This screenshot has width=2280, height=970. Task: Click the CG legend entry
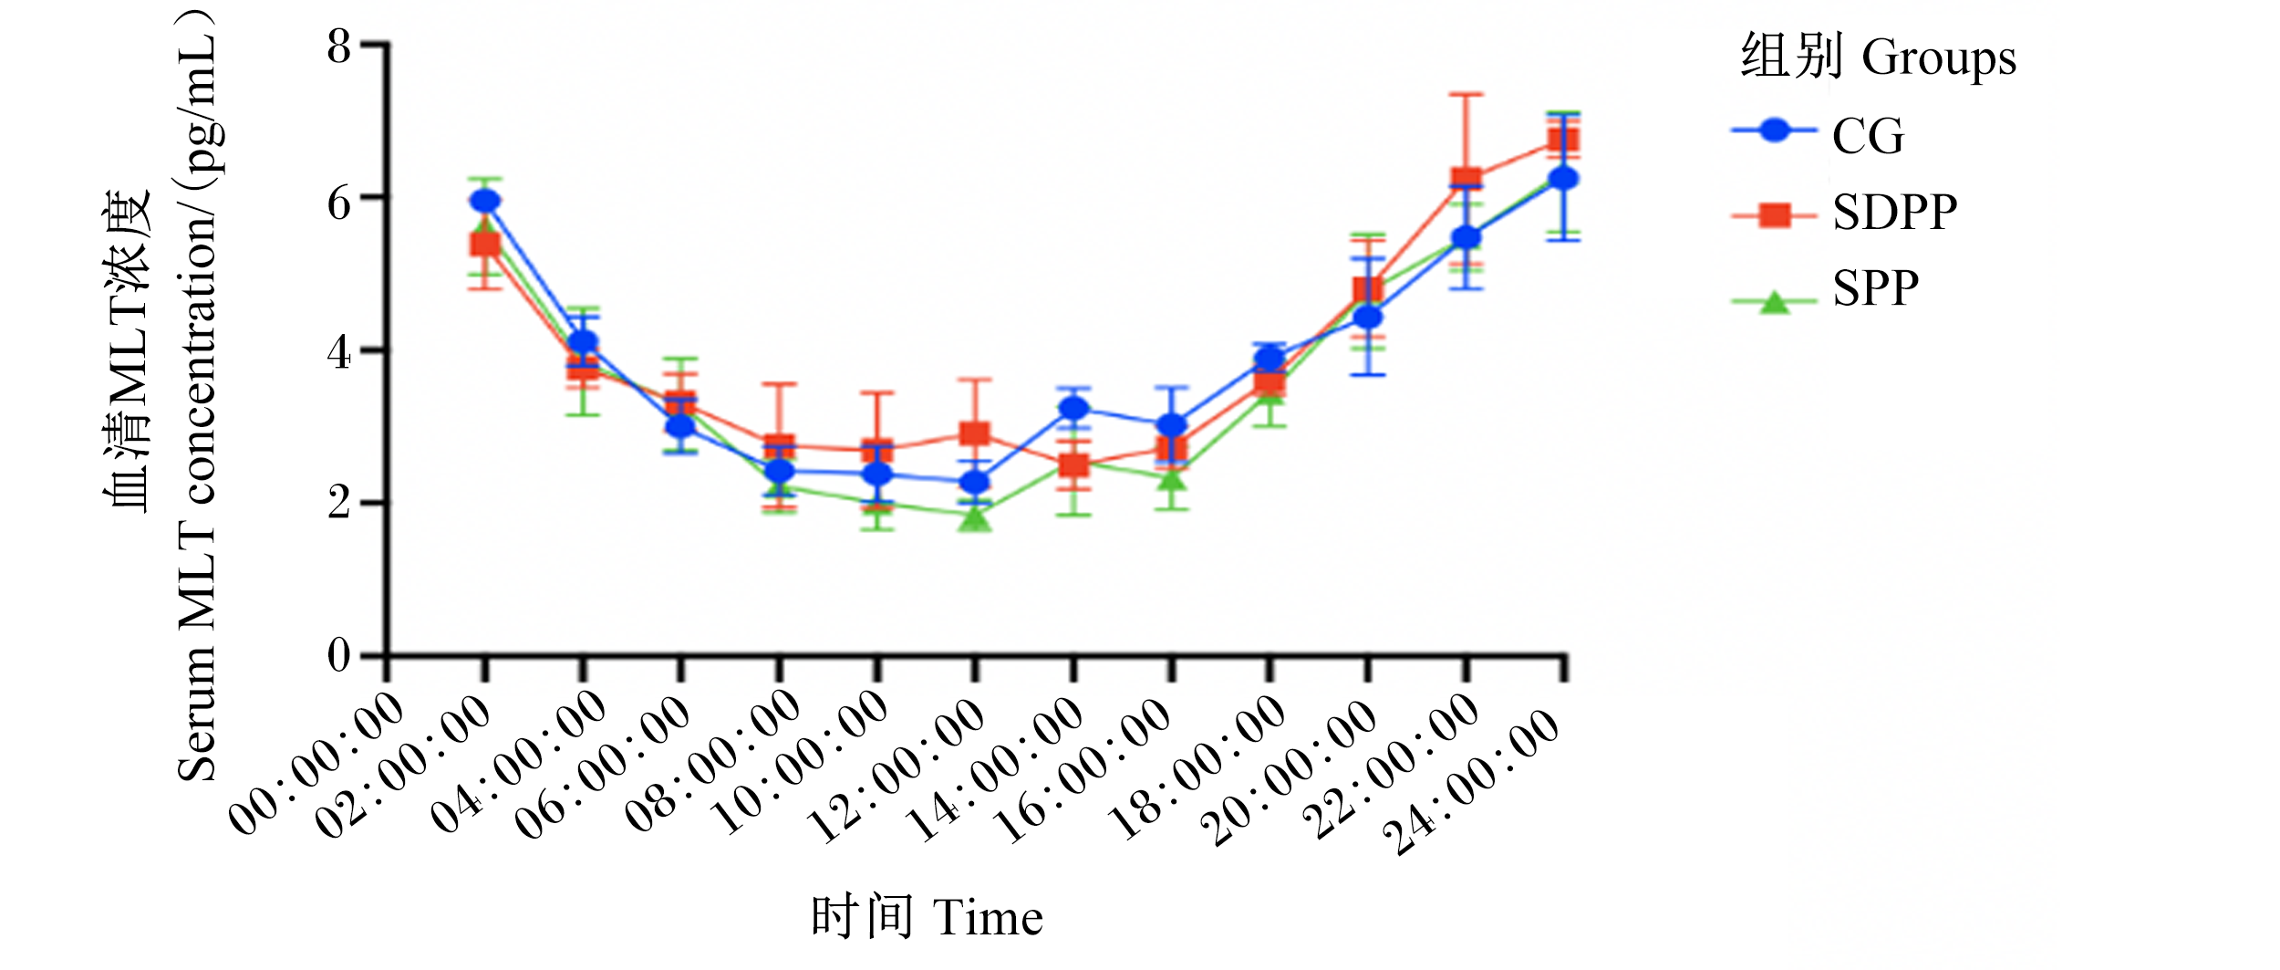tap(1819, 135)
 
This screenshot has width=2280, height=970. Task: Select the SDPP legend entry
tap(1844, 214)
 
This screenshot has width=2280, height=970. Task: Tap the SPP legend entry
tap(1825, 290)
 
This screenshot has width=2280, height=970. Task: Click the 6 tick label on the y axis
tap(339, 203)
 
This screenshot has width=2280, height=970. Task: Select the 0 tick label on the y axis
tap(339, 655)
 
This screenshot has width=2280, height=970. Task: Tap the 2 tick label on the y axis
tap(339, 503)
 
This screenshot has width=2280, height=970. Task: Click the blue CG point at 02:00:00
tap(485, 201)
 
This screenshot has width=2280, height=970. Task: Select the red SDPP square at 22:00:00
tap(1466, 179)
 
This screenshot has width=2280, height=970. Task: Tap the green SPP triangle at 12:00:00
tap(975, 518)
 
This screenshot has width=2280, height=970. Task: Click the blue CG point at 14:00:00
tap(1074, 409)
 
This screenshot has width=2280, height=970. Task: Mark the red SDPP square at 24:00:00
tap(1563, 140)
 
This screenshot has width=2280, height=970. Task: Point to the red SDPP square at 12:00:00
tap(975, 433)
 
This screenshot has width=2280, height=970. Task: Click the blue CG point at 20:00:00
tap(1368, 318)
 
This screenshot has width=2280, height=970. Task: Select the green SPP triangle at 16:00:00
tap(1172, 478)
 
